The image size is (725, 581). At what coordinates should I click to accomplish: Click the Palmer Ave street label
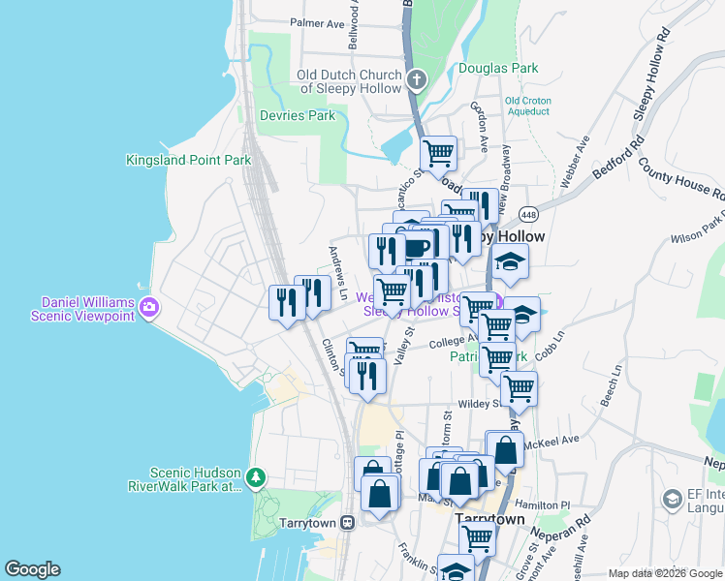(317, 22)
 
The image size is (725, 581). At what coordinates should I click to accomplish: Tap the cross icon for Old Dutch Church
(416, 79)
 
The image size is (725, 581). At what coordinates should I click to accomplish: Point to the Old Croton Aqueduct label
(527, 106)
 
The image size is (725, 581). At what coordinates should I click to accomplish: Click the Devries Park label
(298, 115)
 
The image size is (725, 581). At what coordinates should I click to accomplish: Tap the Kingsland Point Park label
(188, 160)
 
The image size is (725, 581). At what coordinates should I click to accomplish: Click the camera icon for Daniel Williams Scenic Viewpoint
(148, 309)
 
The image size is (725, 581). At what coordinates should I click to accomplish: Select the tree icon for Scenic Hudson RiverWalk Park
(255, 477)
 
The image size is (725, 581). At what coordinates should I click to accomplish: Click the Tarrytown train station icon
(346, 522)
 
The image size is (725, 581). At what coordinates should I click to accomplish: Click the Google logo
(32, 569)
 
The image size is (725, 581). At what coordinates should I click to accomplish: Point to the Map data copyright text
(665, 573)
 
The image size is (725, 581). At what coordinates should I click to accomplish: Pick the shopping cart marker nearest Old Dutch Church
(439, 152)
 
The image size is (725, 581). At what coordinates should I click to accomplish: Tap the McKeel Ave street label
(552, 439)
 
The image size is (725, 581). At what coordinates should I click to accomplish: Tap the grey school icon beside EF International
(671, 499)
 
